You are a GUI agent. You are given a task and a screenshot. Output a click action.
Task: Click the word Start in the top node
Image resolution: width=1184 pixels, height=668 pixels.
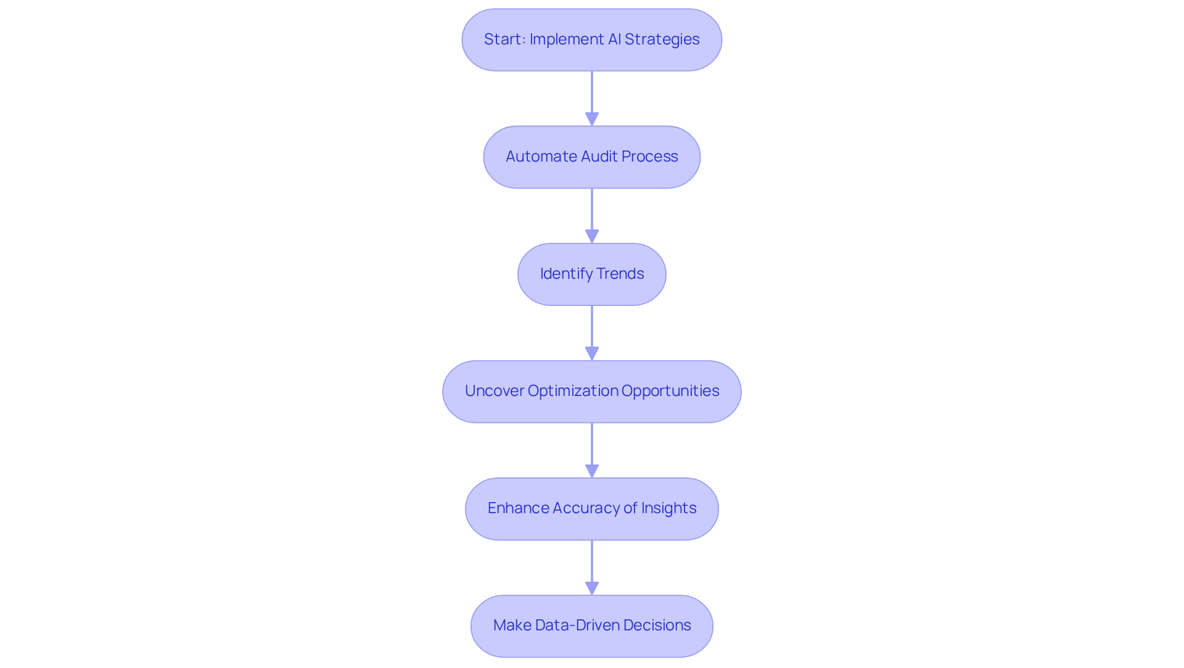(x=502, y=39)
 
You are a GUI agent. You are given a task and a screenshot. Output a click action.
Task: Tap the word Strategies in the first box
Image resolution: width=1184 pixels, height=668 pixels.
(x=662, y=39)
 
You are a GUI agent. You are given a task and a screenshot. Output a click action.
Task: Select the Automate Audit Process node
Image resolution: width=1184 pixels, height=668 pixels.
(x=591, y=157)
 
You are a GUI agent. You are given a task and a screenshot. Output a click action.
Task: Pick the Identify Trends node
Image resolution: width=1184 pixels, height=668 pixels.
(x=591, y=274)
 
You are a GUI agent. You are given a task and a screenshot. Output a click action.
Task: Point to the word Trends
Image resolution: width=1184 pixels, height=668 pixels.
(x=620, y=274)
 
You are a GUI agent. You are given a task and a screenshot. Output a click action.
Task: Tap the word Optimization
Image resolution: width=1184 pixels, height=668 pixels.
(x=572, y=391)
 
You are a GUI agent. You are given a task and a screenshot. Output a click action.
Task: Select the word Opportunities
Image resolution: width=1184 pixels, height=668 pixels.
(x=670, y=391)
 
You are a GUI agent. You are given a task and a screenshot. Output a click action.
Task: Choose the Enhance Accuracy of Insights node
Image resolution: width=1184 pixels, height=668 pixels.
(x=591, y=509)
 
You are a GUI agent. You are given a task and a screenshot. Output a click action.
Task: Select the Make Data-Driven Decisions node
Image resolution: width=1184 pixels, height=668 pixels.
(x=591, y=626)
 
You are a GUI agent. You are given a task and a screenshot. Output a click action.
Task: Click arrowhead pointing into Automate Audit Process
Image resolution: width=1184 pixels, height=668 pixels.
(x=592, y=119)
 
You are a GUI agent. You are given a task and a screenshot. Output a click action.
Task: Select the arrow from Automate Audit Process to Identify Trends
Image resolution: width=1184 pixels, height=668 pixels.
(x=592, y=213)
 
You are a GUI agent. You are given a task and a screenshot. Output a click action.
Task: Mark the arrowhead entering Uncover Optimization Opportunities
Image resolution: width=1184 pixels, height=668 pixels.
(x=592, y=353)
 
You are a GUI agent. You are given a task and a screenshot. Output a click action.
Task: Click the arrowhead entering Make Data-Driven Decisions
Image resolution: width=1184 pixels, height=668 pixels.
(x=592, y=588)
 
